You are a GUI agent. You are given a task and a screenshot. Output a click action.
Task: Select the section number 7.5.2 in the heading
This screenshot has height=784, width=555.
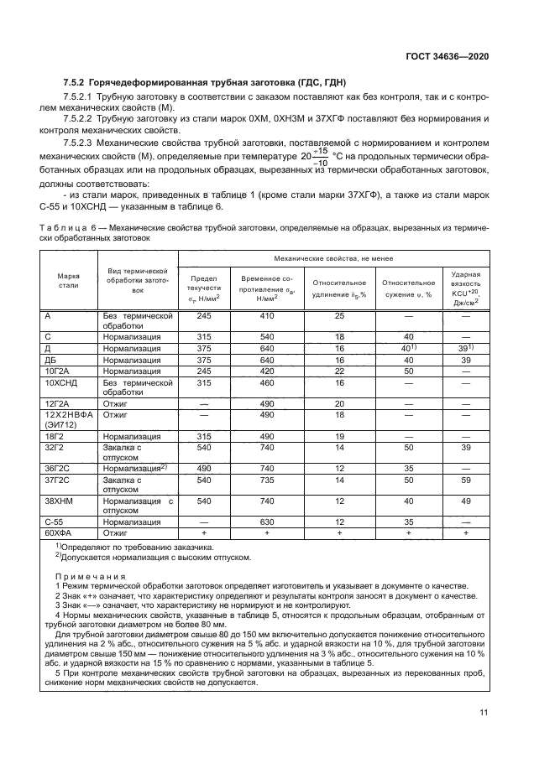77,82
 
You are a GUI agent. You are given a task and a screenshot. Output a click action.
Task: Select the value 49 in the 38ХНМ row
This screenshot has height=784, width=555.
465,500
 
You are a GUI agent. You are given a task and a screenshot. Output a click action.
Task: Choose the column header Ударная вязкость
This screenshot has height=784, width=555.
465,287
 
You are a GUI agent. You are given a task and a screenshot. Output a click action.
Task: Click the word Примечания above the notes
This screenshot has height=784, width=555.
90,576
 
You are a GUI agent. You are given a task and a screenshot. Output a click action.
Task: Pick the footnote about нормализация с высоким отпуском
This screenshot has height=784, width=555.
141,556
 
